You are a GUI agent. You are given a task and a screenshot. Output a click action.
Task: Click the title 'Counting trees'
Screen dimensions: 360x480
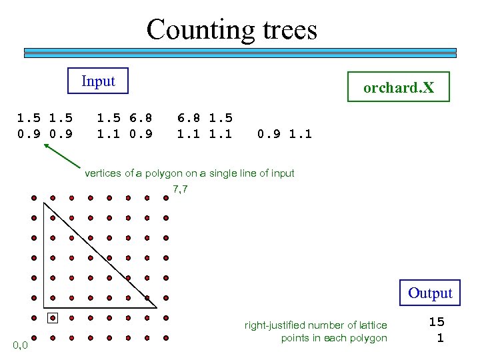click(231, 30)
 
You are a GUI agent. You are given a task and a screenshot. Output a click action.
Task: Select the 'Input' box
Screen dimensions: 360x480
click(99, 81)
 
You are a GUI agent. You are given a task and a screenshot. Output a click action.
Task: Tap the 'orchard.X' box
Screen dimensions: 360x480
click(399, 87)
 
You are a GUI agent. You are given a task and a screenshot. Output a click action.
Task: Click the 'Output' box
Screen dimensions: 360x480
click(430, 293)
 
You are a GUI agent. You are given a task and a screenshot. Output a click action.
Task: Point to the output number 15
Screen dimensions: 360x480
click(436, 322)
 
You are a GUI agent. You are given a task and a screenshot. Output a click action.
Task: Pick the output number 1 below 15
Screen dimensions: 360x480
click(439, 338)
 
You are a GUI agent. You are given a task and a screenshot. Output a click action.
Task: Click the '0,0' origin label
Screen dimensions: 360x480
click(20, 345)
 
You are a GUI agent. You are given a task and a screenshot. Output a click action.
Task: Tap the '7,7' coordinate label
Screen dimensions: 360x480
click(180, 189)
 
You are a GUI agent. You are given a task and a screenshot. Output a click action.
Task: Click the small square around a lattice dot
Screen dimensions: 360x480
click(53, 318)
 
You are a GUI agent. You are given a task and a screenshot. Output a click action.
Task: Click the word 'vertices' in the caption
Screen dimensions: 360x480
click(103, 173)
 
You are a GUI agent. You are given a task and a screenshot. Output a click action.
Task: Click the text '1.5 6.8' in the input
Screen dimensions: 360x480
click(125, 118)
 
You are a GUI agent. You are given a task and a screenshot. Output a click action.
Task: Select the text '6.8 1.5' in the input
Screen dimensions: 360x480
click(205, 118)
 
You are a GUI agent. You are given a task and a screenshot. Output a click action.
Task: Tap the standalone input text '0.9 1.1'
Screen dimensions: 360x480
click(285, 134)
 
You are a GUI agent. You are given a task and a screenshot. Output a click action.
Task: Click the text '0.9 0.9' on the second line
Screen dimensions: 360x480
click(45, 134)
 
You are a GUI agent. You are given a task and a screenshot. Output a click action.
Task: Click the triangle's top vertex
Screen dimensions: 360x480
click(43, 203)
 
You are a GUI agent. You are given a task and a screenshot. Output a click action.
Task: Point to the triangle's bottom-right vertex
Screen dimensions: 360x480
click(157, 308)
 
